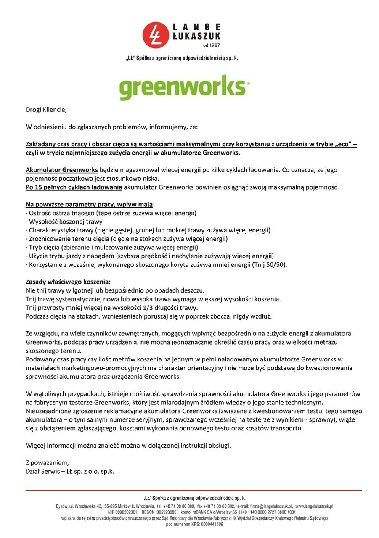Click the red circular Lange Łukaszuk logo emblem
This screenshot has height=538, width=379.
click(155, 34)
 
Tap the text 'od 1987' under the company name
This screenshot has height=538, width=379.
click(211, 45)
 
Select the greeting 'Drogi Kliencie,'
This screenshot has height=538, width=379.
click(46, 110)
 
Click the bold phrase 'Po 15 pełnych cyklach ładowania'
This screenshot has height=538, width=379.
click(74, 187)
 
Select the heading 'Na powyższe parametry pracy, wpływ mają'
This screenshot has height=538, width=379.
click(89, 204)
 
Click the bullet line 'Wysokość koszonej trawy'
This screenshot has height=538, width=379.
click(66, 222)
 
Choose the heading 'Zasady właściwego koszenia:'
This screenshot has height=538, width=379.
click(68, 281)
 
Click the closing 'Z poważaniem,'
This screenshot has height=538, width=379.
click(47, 463)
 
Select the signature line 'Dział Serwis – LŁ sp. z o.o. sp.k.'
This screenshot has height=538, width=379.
click(70, 471)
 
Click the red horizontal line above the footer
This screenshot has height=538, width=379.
click(193, 490)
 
